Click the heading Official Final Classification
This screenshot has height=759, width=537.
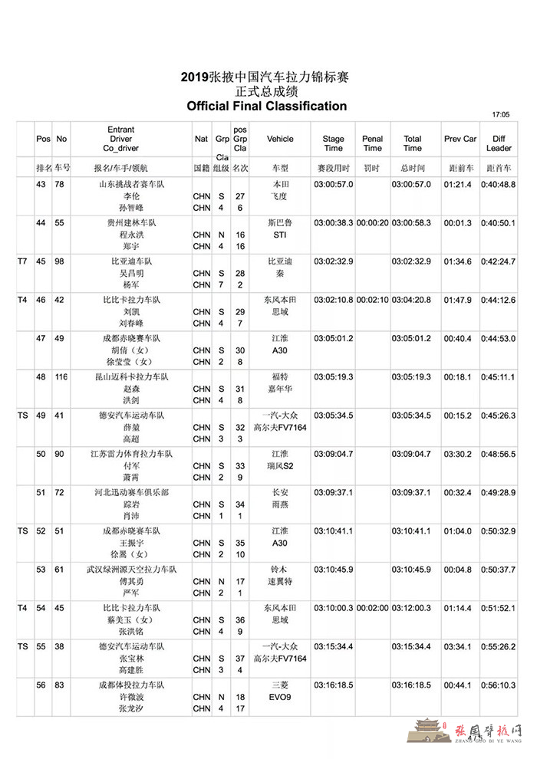point(266,106)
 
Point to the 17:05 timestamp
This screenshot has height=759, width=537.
point(501,115)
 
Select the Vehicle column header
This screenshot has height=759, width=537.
point(280,139)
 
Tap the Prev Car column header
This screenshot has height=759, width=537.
point(460,139)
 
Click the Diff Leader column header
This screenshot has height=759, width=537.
point(499,143)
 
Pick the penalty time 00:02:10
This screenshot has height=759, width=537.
point(373,300)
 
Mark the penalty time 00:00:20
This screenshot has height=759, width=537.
point(373,222)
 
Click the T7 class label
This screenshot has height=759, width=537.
point(23,261)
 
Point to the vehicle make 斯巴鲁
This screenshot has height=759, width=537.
point(280,222)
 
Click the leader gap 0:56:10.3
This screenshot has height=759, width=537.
point(499,684)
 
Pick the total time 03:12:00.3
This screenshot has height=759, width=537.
point(412,607)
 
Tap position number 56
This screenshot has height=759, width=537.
point(41,684)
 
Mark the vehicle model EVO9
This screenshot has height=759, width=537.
point(280,696)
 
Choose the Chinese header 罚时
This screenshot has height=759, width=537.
point(373,166)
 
